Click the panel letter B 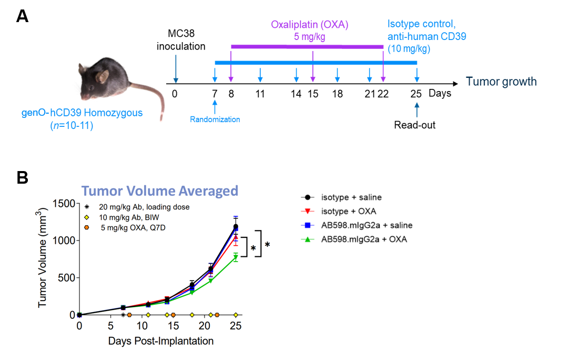(x=22, y=177)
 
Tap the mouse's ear (x=102, y=76)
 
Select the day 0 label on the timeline (x=175, y=94)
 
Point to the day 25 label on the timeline (x=417, y=94)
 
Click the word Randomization (x=215, y=119)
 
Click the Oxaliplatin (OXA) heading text (x=310, y=25)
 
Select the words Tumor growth (x=501, y=82)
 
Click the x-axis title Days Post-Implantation (x=161, y=341)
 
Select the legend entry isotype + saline (x=351, y=197)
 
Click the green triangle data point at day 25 (x=236, y=257)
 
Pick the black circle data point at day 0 (x=79, y=315)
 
